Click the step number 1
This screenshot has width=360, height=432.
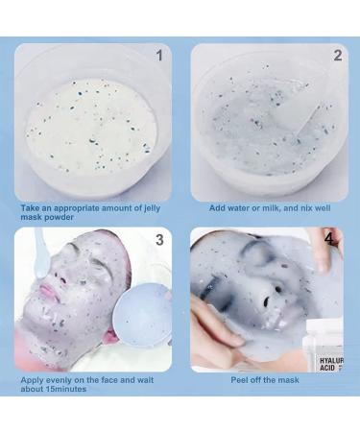[x=158, y=56]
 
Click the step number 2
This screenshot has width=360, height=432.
[x=337, y=56]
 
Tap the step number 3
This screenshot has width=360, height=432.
[x=158, y=240]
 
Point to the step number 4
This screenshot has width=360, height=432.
[x=328, y=236]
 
